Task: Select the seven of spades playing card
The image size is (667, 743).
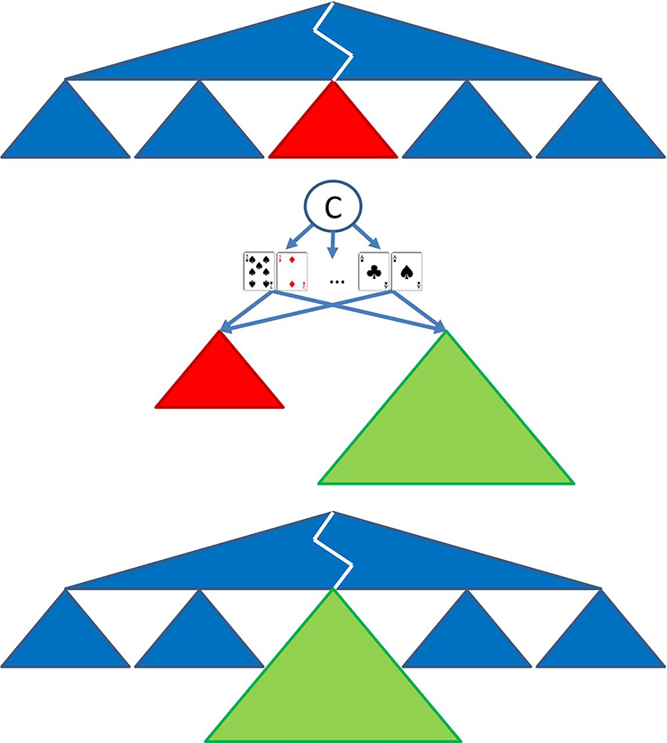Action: click(x=259, y=270)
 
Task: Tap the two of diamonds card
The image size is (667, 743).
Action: click(x=293, y=270)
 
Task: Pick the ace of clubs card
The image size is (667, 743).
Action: click(x=374, y=270)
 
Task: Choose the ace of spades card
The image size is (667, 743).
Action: click(x=407, y=270)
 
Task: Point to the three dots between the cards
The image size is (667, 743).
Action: click(x=337, y=283)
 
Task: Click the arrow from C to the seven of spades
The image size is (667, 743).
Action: click(x=297, y=239)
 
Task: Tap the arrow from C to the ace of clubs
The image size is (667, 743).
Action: click(x=366, y=239)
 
